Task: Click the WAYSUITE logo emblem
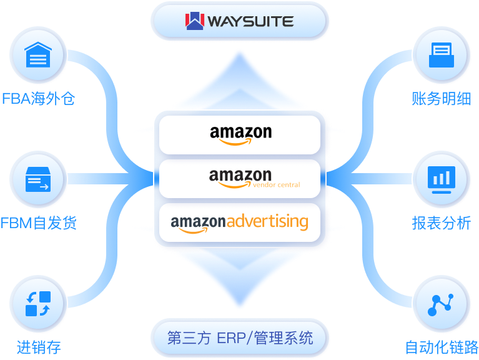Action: pyautogui.click(x=195, y=21)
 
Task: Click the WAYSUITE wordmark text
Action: pyautogui.click(x=249, y=21)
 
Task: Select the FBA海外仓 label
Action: pyautogui.click(x=38, y=99)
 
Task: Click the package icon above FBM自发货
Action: pyautogui.click(x=38, y=179)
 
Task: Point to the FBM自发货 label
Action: pyautogui.click(x=38, y=222)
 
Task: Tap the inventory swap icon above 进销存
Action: pyautogui.click(x=38, y=304)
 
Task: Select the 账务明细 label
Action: pyautogui.click(x=442, y=99)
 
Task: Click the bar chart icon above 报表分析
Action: pyautogui.click(x=442, y=179)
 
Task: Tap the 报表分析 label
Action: pyautogui.click(x=442, y=222)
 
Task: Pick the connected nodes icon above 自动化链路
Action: pyautogui.click(x=442, y=304)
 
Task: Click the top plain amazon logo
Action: pyautogui.click(x=240, y=134)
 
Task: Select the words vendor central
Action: pyautogui.click(x=270, y=185)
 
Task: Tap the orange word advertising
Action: pyautogui.click(x=267, y=221)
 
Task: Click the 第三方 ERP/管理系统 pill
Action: pyautogui.click(x=240, y=339)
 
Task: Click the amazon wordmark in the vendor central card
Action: pyautogui.click(x=240, y=176)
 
